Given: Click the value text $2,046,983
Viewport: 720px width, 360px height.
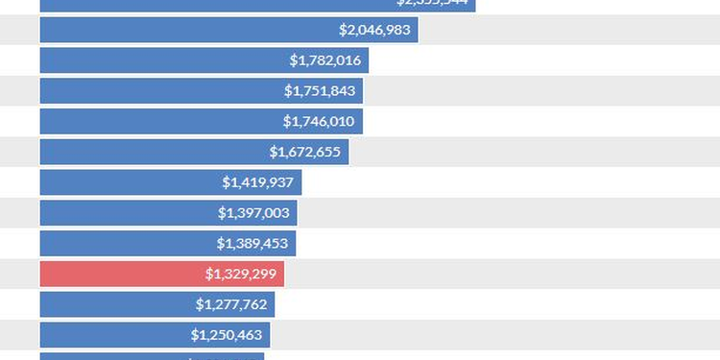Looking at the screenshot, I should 374,30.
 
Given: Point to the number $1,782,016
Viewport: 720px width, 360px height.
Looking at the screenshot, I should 325,60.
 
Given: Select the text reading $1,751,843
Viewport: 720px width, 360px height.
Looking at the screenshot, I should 320,91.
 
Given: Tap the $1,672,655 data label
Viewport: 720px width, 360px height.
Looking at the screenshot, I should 305,152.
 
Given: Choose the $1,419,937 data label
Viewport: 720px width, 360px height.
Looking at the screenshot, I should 258,182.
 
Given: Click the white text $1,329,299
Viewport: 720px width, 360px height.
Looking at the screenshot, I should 241,274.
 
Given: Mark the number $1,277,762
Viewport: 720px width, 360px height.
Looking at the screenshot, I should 231,304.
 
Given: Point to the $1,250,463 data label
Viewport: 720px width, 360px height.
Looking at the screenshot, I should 227,335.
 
